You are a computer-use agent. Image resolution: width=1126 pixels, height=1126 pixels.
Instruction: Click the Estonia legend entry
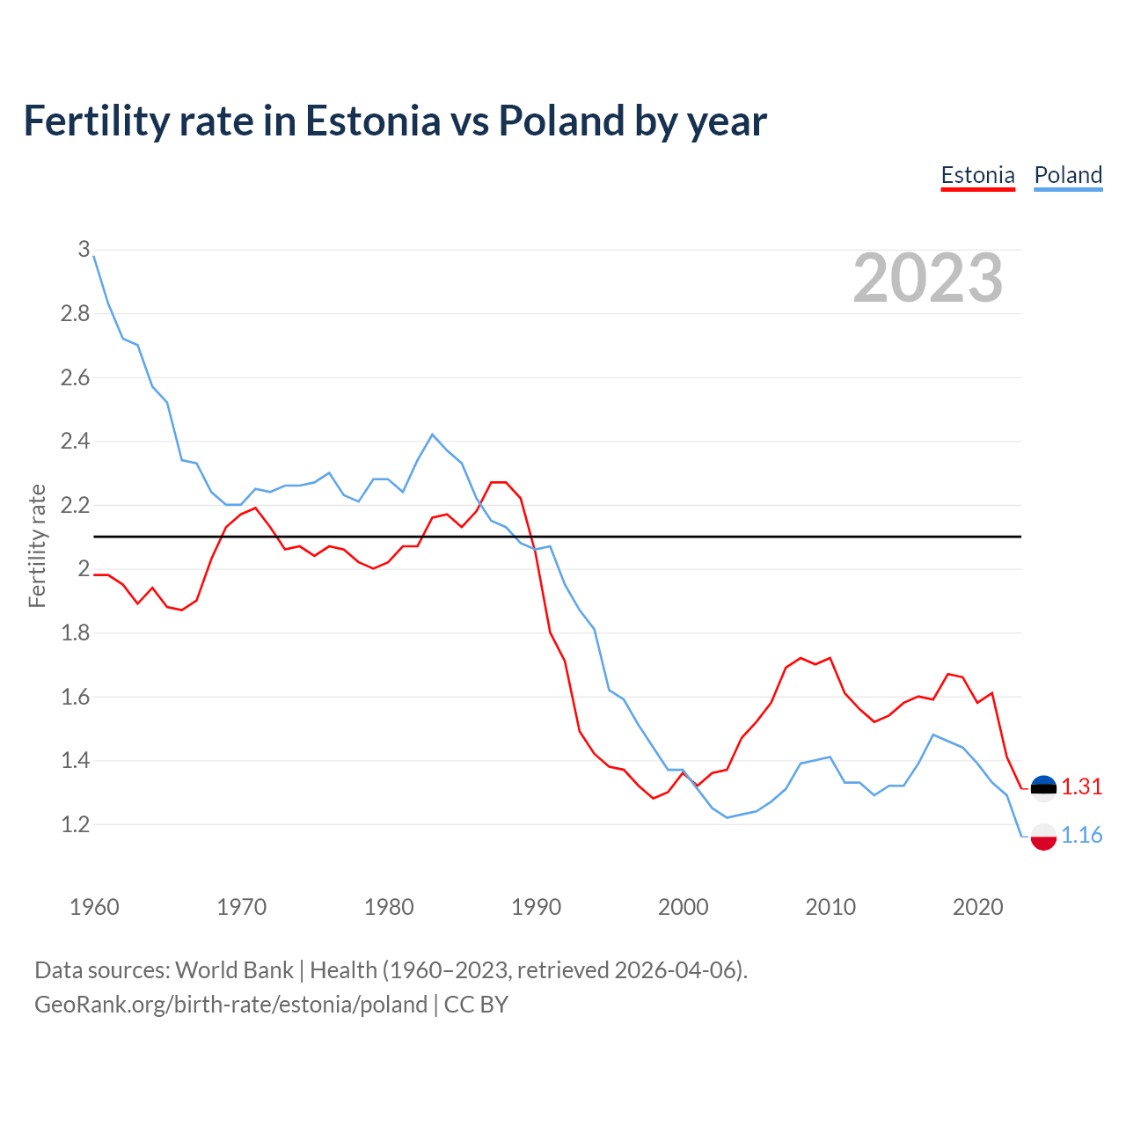point(977,175)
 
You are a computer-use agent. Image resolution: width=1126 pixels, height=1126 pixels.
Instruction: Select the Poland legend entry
point(1068,175)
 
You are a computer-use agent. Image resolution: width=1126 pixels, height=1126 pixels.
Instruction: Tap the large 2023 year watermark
point(928,278)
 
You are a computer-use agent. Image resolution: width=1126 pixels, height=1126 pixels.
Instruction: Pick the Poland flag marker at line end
point(1043,837)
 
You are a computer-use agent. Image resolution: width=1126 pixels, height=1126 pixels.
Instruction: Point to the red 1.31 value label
point(1082,786)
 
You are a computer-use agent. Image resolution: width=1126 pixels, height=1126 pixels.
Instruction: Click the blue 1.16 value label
point(1082,835)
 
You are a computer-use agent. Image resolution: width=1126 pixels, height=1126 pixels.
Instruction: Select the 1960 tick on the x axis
point(94,907)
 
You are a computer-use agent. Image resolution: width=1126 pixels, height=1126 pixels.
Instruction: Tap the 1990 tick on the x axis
point(536,907)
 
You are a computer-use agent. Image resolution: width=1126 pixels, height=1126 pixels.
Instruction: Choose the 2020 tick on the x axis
point(977,907)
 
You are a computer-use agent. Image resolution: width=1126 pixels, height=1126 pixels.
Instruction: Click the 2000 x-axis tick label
point(683,907)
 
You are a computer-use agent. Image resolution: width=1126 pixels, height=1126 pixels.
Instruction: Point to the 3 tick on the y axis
point(84,249)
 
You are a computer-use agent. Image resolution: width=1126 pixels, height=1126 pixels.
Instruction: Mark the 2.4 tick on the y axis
point(75,441)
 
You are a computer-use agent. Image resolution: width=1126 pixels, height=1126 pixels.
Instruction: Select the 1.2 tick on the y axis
point(75,824)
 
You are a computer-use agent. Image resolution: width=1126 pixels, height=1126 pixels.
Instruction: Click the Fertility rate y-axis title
point(37,545)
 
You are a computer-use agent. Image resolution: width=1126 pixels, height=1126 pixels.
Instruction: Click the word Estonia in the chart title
point(372,121)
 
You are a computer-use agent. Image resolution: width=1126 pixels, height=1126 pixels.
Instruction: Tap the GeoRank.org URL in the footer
point(230,1005)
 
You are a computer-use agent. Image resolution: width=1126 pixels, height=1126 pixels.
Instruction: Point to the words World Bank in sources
point(234,970)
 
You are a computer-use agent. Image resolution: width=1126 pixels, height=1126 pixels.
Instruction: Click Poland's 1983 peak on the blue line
point(432,435)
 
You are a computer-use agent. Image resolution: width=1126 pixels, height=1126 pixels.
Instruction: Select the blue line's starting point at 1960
point(94,256)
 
